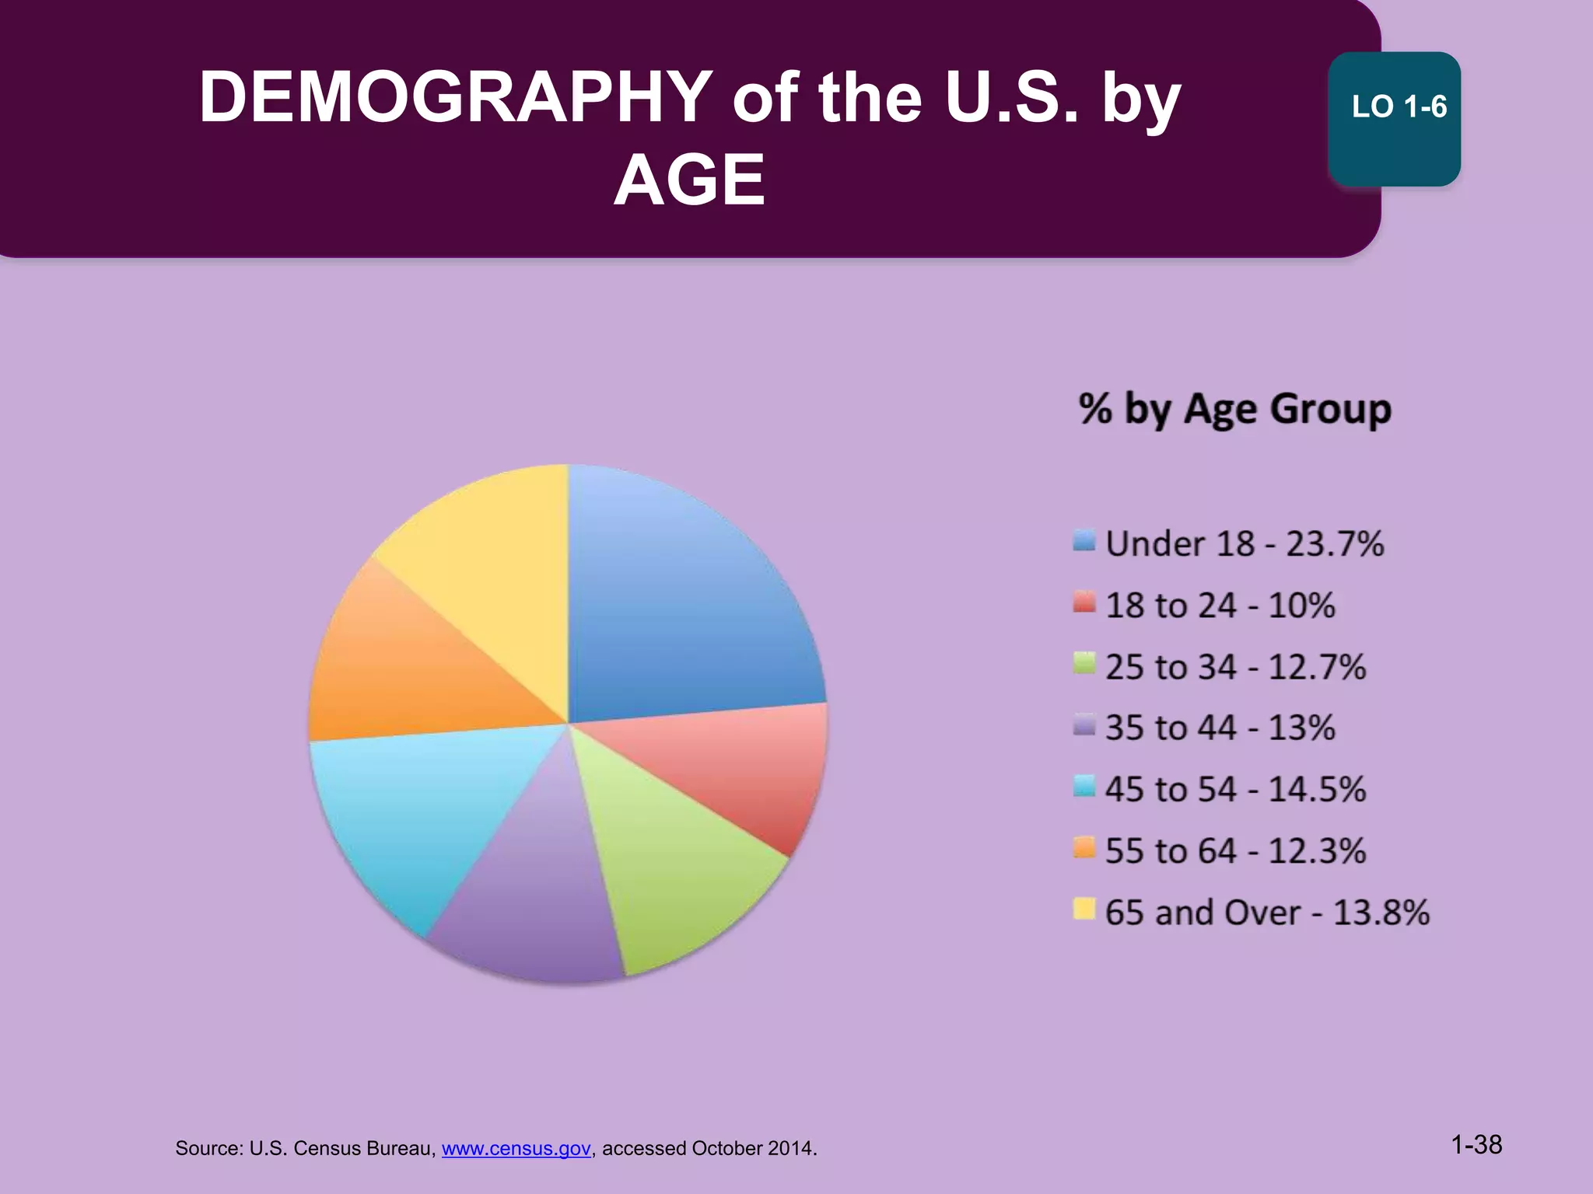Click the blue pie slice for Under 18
[x=684, y=606]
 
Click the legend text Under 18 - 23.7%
[x=1244, y=543]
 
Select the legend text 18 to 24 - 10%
[x=1220, y=605]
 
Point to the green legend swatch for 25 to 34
[x=1084, y=665]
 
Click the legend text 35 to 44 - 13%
[x=1220, y=728]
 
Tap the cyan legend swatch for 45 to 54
[x=1084, y=787]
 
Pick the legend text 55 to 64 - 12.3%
[x=1235, y=850]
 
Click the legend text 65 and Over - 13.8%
[x=1266, y=913]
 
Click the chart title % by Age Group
[x=1234, y=409]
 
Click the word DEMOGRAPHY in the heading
[x=456, y=98]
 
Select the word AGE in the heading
[x=689, y=180]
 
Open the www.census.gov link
[x=516, y=1148]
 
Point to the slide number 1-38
[x=1476, y=1144]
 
